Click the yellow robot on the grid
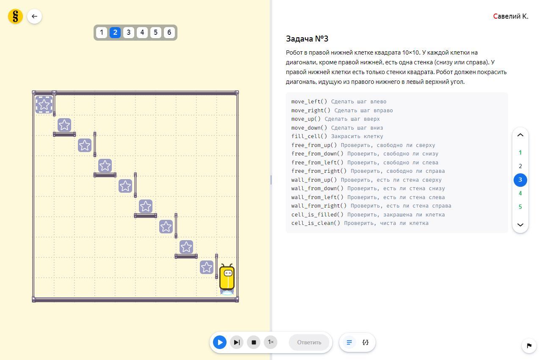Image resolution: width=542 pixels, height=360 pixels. tap(227, 278)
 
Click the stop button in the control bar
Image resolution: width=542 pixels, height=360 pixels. tap(254, 342)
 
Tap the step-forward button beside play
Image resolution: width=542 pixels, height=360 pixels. tap(237, 342)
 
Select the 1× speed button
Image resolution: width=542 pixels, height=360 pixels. tap(271, 342)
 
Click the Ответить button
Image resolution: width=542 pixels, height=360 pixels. tap(309, 342)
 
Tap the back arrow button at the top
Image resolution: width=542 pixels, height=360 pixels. tap(34, 17)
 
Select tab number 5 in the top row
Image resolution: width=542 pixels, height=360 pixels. tap(155, 33)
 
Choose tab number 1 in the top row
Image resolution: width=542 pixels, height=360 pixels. tap(101, 33)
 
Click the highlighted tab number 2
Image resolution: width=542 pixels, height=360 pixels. tap(115, 33)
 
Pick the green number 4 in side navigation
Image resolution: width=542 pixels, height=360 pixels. tap(520, 194)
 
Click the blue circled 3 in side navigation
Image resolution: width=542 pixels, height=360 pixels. tap(520, 180)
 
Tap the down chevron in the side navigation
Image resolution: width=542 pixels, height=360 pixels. tap(520, 225)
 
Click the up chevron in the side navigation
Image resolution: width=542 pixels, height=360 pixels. tap(520, 135)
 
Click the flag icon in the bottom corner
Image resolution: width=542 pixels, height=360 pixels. tap(529, 346)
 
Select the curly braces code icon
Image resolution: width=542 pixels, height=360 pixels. tap(365, 342)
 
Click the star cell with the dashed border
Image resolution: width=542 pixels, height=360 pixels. tap(44, 104)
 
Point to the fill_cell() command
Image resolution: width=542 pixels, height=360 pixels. tap(309, 136)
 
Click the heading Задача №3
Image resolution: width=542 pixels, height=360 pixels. tap(307, 39)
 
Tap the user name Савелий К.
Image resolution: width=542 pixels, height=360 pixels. tap(511, 17)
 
